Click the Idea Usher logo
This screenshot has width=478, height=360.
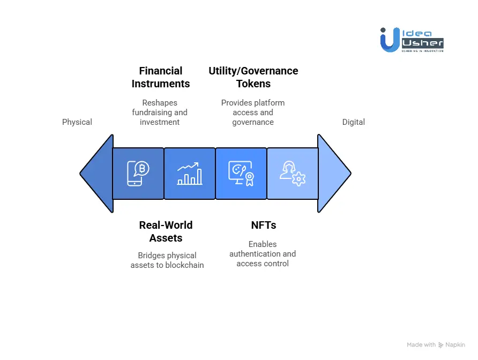412,40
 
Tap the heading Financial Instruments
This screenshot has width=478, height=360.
161,77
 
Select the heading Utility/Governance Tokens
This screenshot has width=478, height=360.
253,77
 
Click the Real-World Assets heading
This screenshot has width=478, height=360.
166,231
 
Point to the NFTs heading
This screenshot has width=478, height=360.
263,225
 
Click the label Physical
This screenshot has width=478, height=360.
77,122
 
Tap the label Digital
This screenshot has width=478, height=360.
353,122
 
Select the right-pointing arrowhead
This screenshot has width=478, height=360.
333,174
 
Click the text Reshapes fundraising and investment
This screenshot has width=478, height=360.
160,112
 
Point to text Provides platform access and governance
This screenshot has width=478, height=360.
253,112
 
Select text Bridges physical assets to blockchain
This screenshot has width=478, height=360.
167,260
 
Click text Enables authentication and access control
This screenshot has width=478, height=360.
263,254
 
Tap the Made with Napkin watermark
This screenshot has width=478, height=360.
436,345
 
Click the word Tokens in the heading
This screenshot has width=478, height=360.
253,84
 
